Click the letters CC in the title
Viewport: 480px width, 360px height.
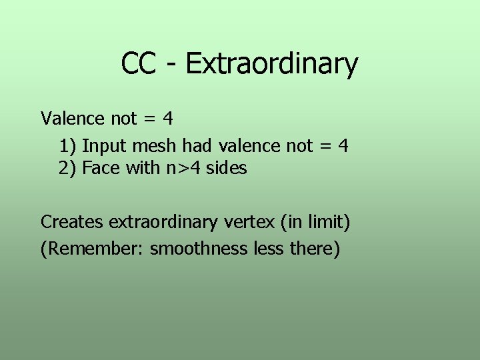click(139, 64)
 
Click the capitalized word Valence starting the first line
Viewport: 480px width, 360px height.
click(73, 119)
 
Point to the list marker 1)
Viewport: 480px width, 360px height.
click(67, 145)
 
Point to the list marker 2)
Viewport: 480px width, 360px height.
click(67, 168)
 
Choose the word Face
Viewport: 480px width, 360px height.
click(101, 168)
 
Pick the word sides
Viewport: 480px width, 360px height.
click(227, 168)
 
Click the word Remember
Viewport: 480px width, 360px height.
click(95, 249)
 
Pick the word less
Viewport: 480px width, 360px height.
click(269, 249)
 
